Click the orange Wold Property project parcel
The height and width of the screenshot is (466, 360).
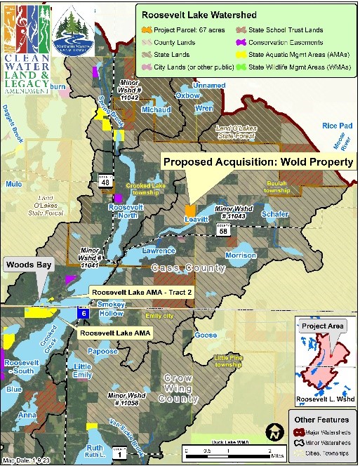point(190,210)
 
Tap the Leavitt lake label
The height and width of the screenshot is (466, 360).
point(198,220)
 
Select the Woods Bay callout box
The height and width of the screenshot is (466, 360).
point(27,266)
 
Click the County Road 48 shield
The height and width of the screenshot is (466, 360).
point(105,181)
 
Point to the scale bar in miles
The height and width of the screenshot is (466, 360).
point(227,449)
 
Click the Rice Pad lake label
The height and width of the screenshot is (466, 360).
point(337,126)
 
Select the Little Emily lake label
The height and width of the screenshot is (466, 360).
point(82,371)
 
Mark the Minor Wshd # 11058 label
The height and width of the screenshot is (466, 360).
point(122,399)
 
